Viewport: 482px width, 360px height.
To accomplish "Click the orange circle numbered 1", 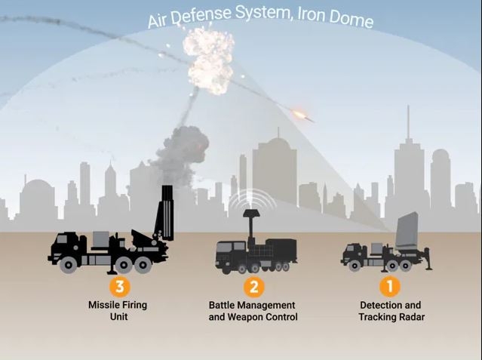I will point(390,286).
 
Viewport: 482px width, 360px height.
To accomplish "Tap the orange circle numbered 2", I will point(253,286).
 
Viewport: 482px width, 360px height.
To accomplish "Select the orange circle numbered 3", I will point(118,286).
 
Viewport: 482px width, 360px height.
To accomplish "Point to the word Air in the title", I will point(161,20).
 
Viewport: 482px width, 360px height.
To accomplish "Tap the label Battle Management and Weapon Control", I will point(253,311).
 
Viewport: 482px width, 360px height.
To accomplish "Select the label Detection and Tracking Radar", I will point(391,311).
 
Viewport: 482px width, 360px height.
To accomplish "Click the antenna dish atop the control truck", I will point(253,214).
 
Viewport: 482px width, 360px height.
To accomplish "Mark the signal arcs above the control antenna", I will point(253,197).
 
